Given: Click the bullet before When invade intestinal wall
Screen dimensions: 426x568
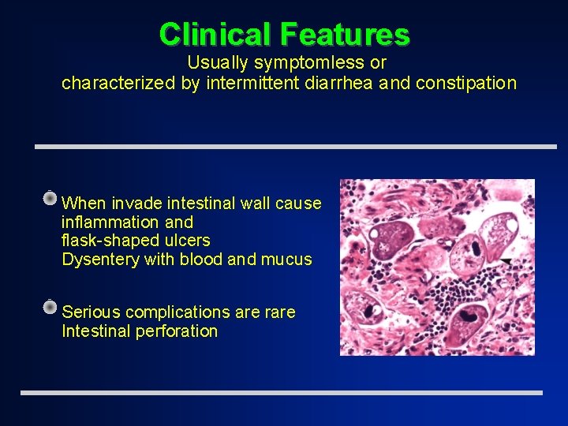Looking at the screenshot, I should (x=50, y=197).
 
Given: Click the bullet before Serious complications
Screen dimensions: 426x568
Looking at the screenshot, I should (x=50, y=307).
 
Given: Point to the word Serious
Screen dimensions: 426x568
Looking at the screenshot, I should (x=90, y=312).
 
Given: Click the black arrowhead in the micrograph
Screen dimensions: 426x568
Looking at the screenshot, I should (x=504, y=260).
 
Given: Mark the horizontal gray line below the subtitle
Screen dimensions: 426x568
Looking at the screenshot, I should (x=296, y=147).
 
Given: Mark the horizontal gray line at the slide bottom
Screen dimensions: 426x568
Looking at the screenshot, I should (x=282, y=393).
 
